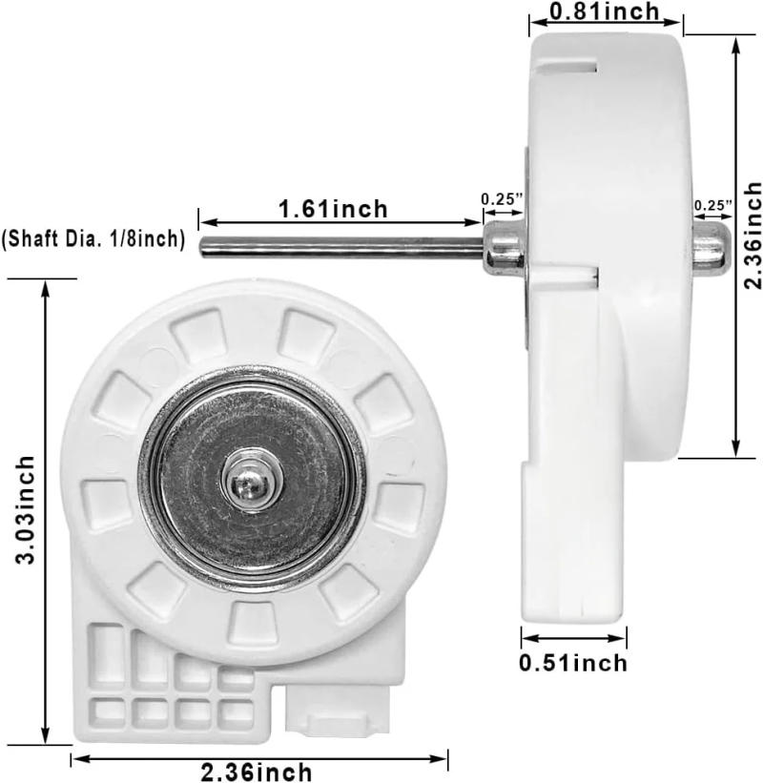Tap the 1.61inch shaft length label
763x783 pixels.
pyautogui.click(x=333, y=208)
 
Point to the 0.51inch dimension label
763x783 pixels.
pyautogui.click(x=574, y=662)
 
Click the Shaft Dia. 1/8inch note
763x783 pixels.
pyautogui.click(x=93, y=239)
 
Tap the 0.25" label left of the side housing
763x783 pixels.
pyautogui.click(x=503, y=199)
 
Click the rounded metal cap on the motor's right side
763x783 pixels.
pyautogui.click(x=711, y=244)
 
